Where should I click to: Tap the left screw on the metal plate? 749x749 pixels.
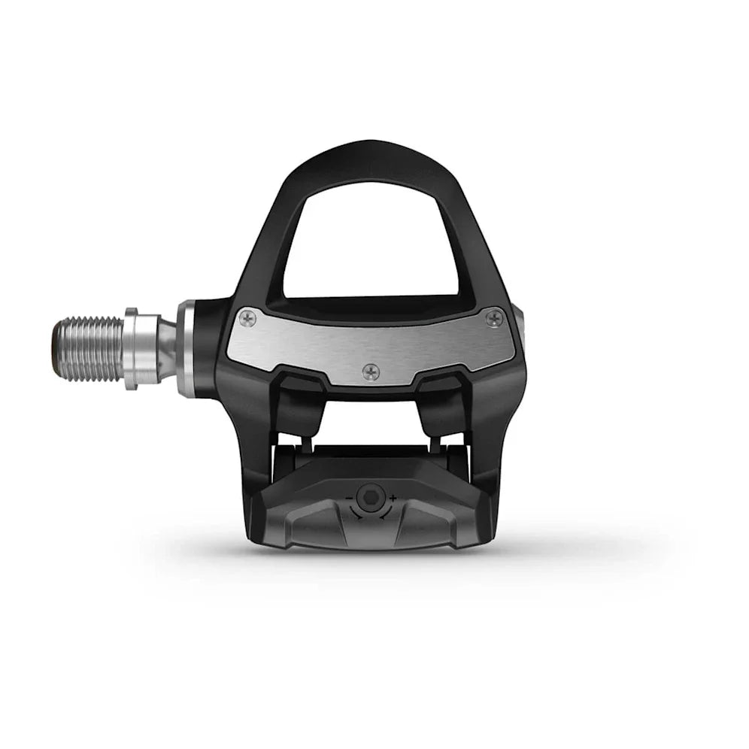pyautogui.click(x=247, y=319)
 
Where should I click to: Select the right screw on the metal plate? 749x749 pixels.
pyautogui.click(x=493, y=318)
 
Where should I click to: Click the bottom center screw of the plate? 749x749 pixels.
pyautogui.click(x=370, y=371)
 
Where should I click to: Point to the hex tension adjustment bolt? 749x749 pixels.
pyautogui.click(x=368, y=497)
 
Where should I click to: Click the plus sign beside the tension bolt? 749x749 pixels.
pyautogui.click(x=393, y=498)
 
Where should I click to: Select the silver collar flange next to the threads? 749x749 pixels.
pyautogui.click(x=131, y=349)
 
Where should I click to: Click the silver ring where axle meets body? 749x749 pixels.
pyautogui.click(x=186, y=348)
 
